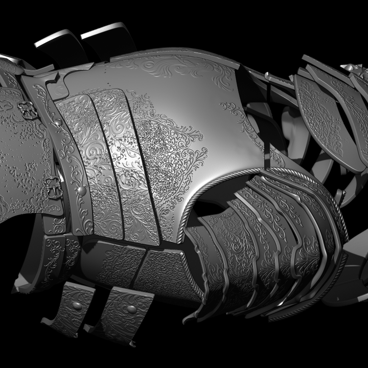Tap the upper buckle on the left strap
click(x=29, y=110)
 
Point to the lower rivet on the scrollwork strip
click(x=81, y=191)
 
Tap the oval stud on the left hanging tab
click(x=77, y=306)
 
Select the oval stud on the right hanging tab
click(x=131, y=309)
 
